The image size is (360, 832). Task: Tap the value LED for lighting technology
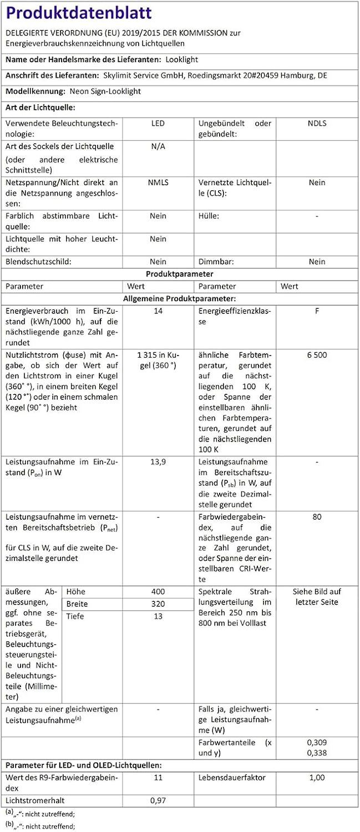coord(158,123)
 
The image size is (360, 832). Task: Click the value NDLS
coord(317,123)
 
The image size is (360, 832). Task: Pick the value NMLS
coord(158,182)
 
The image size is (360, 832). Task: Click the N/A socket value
coord(158,146)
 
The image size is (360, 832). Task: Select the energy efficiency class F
coord(317,311)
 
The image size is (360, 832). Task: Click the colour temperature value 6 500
coord(317,355)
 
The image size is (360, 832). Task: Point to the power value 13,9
coord(158,461)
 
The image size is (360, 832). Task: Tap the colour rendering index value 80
coord(317,517)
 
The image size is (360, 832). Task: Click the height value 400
coord(158,591)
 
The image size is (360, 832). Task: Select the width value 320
coord(158,603)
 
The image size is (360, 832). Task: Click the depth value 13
coord(158,616)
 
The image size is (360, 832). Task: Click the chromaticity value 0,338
coord(317,753)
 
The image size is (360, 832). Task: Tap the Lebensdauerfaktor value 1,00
coord(317,778)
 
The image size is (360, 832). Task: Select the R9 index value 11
coord(158,778)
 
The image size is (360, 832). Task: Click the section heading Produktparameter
coord(180,274)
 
